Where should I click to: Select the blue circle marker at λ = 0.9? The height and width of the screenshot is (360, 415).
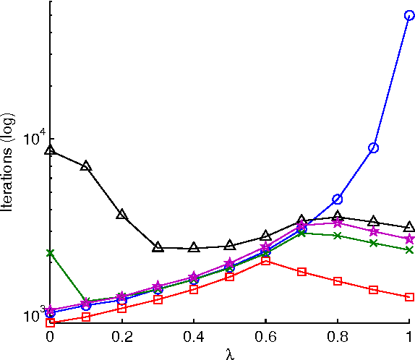pos(374,147)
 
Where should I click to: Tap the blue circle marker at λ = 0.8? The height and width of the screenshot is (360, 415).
pos(338,199)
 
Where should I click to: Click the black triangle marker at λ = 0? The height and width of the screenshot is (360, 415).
pos(50,150)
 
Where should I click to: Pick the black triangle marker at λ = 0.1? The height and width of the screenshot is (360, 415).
pos(86,166)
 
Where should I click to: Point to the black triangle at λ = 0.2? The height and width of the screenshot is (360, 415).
pos(122,215)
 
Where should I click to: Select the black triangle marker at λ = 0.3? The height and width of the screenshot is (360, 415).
pos(158,247)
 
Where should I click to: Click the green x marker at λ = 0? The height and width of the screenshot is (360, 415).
pos(50,253)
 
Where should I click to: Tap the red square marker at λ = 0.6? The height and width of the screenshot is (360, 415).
pos(265,260)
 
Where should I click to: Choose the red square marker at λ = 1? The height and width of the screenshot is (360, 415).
pos(409,297)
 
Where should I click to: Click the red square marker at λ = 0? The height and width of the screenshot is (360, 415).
pos(50,322)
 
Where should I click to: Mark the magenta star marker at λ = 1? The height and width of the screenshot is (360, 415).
pos(409,239)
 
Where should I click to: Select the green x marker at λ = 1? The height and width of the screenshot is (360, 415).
pos(409,250)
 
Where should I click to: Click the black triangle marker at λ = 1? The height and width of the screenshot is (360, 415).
pos(409,227)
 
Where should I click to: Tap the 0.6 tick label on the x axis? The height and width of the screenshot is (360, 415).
pos(265,338)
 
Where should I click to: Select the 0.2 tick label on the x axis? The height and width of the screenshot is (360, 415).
pos(121,338)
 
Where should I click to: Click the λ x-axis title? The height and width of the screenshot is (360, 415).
pos(229,353)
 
